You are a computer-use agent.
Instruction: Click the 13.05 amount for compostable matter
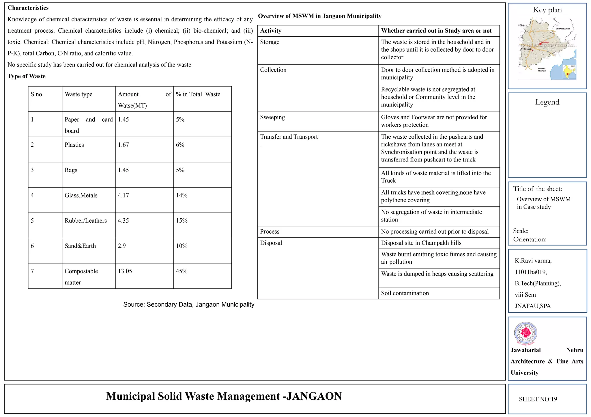click(125, 271)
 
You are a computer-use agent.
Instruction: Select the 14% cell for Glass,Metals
click(182, 196)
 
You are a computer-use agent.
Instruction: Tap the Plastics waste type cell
click(74, 145)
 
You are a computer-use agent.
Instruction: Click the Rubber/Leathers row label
click(85, 221)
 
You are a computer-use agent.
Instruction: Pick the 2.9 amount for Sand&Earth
click(122, 246)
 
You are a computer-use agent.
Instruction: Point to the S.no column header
click(36, 94)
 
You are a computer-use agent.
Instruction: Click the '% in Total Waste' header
click(198, 94)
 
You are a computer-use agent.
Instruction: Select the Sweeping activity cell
click(272, 117)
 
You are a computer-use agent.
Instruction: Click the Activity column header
click(271, 31)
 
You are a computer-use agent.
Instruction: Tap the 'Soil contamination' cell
click(405, 293)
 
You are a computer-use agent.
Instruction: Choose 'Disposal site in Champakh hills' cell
click(421, 243)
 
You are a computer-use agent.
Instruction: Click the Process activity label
click(270, 232)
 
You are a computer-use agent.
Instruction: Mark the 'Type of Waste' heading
click(27, 76)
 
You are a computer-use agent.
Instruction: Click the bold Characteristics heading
click(28, 8)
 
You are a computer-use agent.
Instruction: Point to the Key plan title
click(547, 10)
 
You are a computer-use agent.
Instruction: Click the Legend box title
click(547, 102)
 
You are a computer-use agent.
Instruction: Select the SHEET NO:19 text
click(538, 399)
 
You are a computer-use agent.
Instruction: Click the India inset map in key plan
click(569, 72)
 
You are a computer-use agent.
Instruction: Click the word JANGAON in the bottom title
click(314, 396)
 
